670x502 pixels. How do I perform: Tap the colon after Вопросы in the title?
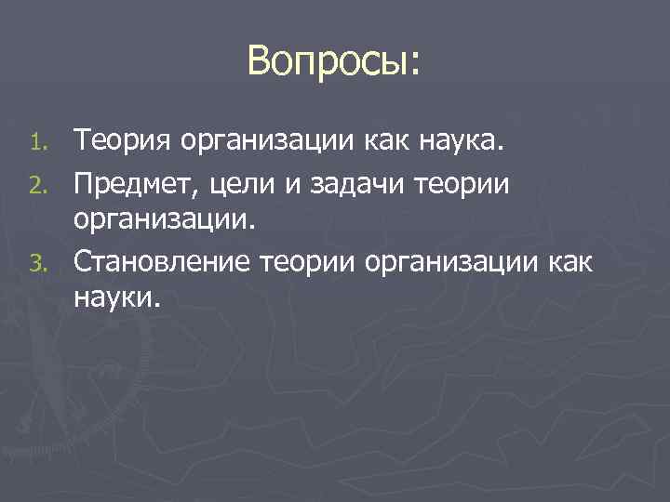(x=414, y=65)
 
